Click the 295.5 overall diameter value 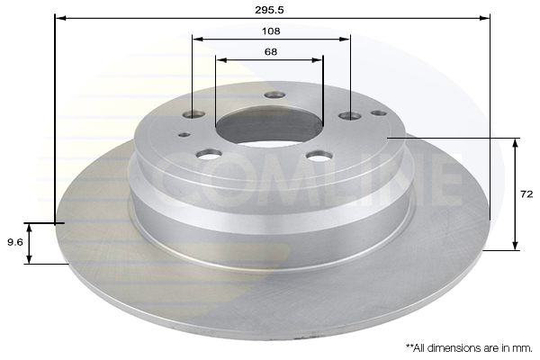(x=269, y=10)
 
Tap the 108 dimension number (x=271, y=31)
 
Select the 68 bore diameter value (x=271, y=51)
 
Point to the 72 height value (x=526, y=194)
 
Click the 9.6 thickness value (x=15, y=242)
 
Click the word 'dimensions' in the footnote (x=454, y=348)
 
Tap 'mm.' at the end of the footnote (x=523, y=348)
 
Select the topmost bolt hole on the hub (x=274, y=95)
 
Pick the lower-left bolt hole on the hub (x=209, y=154)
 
